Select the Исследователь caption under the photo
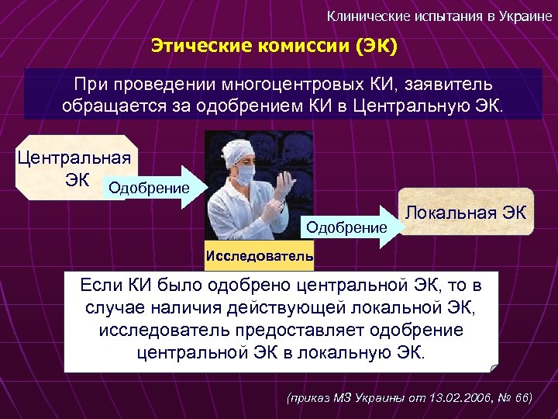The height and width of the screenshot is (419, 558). pos(260,255)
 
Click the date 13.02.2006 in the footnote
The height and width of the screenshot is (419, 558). pos(450,397)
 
